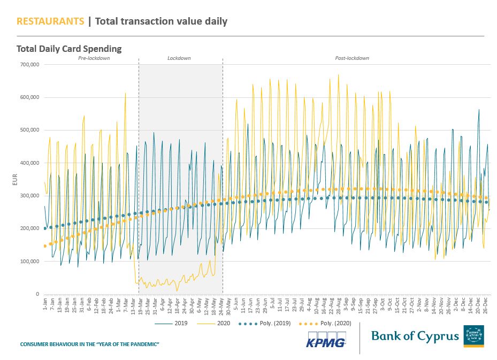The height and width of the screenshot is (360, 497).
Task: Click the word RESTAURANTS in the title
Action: coord(50,21)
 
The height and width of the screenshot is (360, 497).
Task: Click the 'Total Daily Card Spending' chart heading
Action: coord(69,49)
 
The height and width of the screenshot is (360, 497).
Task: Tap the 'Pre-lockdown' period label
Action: coord(94,58)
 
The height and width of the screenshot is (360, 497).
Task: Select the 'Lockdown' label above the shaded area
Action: coord(179,58)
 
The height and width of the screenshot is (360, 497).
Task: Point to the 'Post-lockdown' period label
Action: coord(352,58)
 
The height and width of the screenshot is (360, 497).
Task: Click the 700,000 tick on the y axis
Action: coord(29,65)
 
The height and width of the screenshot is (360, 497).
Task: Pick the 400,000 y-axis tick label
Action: coord(29,163)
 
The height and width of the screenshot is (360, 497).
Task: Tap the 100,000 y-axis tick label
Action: coord(29,262)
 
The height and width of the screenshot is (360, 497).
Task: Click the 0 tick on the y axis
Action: coord(37,294)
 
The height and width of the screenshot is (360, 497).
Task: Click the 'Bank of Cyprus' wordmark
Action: coord(415,336)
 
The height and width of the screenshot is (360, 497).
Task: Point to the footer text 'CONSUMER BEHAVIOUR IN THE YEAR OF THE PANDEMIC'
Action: coord(90,343)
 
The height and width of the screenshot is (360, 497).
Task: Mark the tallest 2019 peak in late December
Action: coord(479,110)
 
